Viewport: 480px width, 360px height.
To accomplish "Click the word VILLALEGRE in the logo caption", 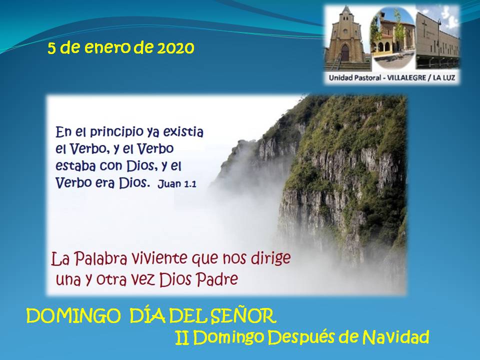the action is tap(406, 78).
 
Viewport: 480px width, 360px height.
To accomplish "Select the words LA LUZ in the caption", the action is tap(444, 78).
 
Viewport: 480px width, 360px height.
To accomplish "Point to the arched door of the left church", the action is tap(345, 53).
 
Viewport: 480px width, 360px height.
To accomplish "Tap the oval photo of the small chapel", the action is tap(393, 38).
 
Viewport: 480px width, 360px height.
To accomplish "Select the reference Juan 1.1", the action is tap(177, 184).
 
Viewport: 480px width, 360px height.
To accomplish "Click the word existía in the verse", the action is tap(183, 131).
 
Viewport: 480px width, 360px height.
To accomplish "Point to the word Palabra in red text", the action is tap(100, 259).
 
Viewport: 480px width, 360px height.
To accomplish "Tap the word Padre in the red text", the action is tap(216, 279).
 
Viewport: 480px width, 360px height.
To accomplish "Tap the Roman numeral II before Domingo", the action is tap(182, 338).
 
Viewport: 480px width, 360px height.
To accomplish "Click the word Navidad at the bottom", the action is tap(395, 337).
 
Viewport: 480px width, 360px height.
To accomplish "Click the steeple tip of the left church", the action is tap(346, 6).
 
